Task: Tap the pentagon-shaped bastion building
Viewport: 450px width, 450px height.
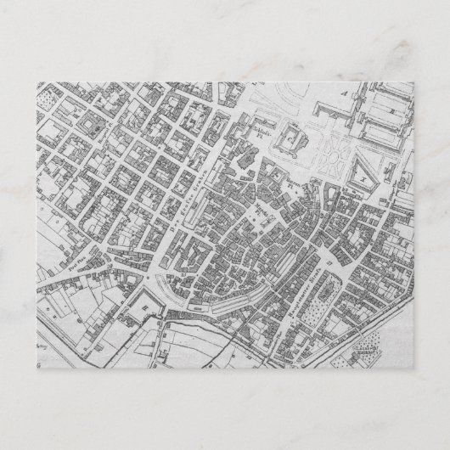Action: (157, 295)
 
